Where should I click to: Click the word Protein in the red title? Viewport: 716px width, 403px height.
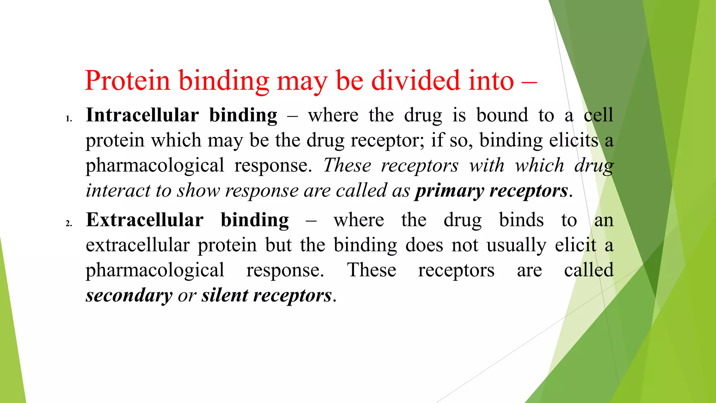(127, 81)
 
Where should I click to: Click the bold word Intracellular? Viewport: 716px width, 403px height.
(142, 115)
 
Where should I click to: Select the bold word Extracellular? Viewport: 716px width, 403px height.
(145, 220)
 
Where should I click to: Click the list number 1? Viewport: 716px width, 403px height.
(69, 119)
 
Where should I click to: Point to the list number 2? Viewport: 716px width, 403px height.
(69, 223)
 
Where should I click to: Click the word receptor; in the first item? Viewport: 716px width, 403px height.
(387, 141)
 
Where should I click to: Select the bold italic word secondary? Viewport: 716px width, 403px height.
(129, 296)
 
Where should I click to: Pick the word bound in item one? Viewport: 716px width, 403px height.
(502, 115)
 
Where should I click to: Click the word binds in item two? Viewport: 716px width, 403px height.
(521, 220)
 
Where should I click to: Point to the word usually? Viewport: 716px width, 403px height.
(516, 245)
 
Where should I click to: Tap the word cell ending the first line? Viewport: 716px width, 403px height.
(598, 115)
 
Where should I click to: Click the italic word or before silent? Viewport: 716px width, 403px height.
(187, 296)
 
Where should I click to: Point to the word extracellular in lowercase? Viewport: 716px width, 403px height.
(137, 245)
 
